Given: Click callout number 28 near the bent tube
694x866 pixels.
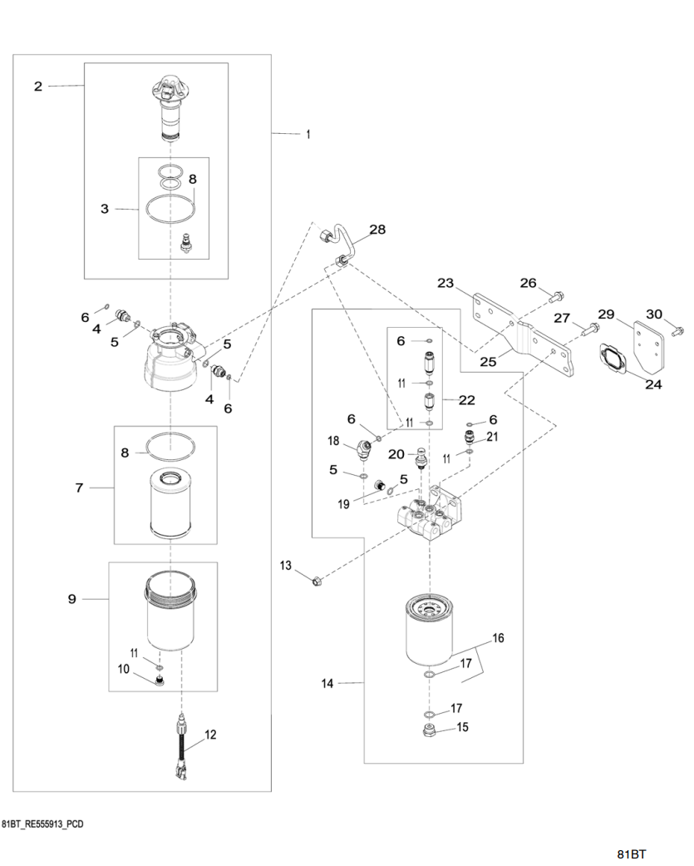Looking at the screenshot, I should pos(377,230).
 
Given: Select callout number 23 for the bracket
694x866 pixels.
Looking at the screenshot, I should pos(445,284).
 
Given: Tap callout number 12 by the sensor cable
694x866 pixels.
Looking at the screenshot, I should pos(209,735).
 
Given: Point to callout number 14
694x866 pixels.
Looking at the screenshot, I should pos(327,683).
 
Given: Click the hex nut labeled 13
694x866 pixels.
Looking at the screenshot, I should pos(317,580).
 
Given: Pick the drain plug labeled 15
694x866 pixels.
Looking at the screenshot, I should pos(429,730).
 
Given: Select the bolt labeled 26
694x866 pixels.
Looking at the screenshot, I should pos(557,294).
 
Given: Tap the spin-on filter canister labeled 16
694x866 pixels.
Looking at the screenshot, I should pos(431,633).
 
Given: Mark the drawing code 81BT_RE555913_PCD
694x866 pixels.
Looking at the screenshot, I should pos(42,824).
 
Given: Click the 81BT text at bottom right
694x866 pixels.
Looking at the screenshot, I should pos(631,854).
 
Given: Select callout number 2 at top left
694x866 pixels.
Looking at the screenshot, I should pos(37,86).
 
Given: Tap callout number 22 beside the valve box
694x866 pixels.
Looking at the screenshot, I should pos(466,400).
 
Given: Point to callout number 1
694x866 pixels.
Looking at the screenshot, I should pos(308,133).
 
